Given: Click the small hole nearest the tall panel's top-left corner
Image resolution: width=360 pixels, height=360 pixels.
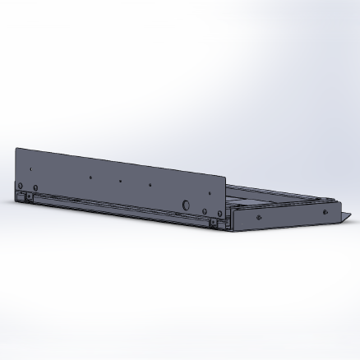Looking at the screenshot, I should coord(32,170).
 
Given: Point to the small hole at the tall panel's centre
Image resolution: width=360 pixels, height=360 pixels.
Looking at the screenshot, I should coord(120,181).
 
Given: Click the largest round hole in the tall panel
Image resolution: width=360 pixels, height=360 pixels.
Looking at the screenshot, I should coord(186,203).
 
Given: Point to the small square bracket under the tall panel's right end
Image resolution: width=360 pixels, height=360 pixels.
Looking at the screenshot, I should coord(214,222).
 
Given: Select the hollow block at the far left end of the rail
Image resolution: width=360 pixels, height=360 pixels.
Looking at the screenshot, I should coord(19,196).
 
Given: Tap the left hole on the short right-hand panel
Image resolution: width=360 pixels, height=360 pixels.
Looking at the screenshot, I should coord(259,217).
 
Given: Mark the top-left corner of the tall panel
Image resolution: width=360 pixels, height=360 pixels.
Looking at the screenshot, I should coord(16,149).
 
